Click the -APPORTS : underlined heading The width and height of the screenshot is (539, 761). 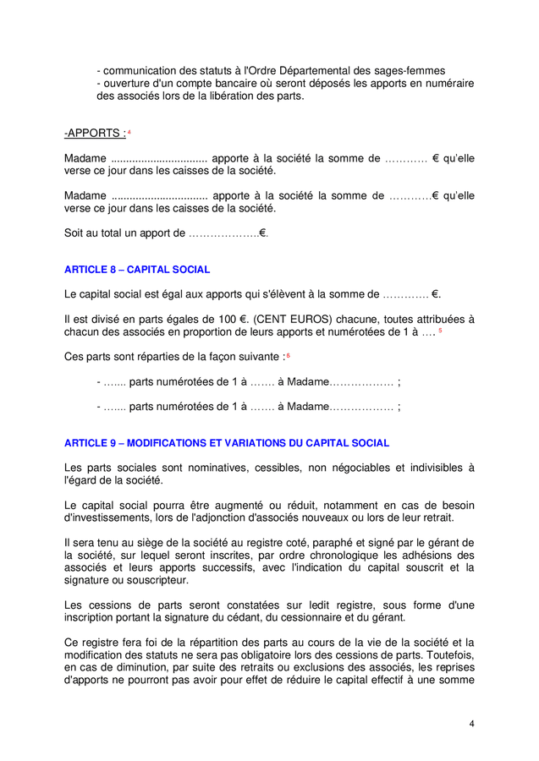[95, 134]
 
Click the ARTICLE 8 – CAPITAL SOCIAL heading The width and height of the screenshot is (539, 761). [137, 270]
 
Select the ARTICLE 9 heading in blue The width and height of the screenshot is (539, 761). [227, 443]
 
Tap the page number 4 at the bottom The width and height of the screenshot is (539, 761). [472, 724]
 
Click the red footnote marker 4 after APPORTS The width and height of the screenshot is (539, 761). [129, 132]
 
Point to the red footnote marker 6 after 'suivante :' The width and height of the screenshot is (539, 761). [289, 355]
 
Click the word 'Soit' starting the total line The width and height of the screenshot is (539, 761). [74, 233]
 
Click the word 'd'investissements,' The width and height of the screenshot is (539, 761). [110, 517]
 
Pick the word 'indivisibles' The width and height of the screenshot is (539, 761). [432, 468]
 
